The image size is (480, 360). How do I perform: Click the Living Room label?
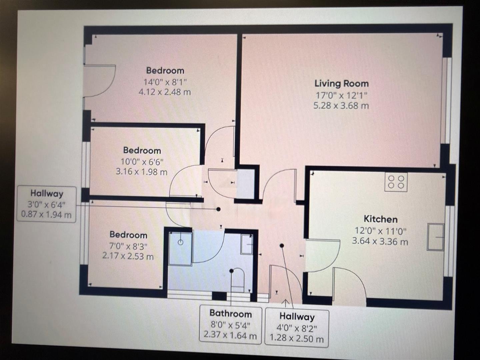coord(341,83)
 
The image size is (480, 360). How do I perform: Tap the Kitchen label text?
coord(380,219)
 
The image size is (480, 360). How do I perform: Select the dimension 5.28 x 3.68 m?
coord(341,106)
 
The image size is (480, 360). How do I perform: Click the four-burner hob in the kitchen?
coord(396,182)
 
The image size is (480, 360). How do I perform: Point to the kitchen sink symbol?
coord(436,237)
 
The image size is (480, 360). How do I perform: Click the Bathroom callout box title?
coord(230,313)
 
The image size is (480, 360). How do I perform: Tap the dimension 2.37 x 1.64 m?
coord(230,335)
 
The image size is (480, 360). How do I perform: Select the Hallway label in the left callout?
coord(47,193)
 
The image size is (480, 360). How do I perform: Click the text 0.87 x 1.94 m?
coord(46,214)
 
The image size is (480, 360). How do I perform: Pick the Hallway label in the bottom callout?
coord(297,316)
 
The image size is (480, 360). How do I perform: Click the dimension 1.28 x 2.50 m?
coord(296,339)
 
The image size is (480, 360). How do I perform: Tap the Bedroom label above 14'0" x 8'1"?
coord(165,70)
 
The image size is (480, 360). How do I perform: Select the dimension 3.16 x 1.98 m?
coord(142,172)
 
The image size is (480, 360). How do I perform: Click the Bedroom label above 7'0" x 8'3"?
coord(128,235)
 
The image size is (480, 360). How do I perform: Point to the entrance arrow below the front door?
coord(286,303)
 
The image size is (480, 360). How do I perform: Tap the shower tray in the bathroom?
coord(180,248)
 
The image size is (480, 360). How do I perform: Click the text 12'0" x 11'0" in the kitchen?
coord(380,231)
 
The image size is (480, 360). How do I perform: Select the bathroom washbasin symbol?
coord(247,245)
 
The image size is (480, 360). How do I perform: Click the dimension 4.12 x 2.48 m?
coord(165,92)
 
